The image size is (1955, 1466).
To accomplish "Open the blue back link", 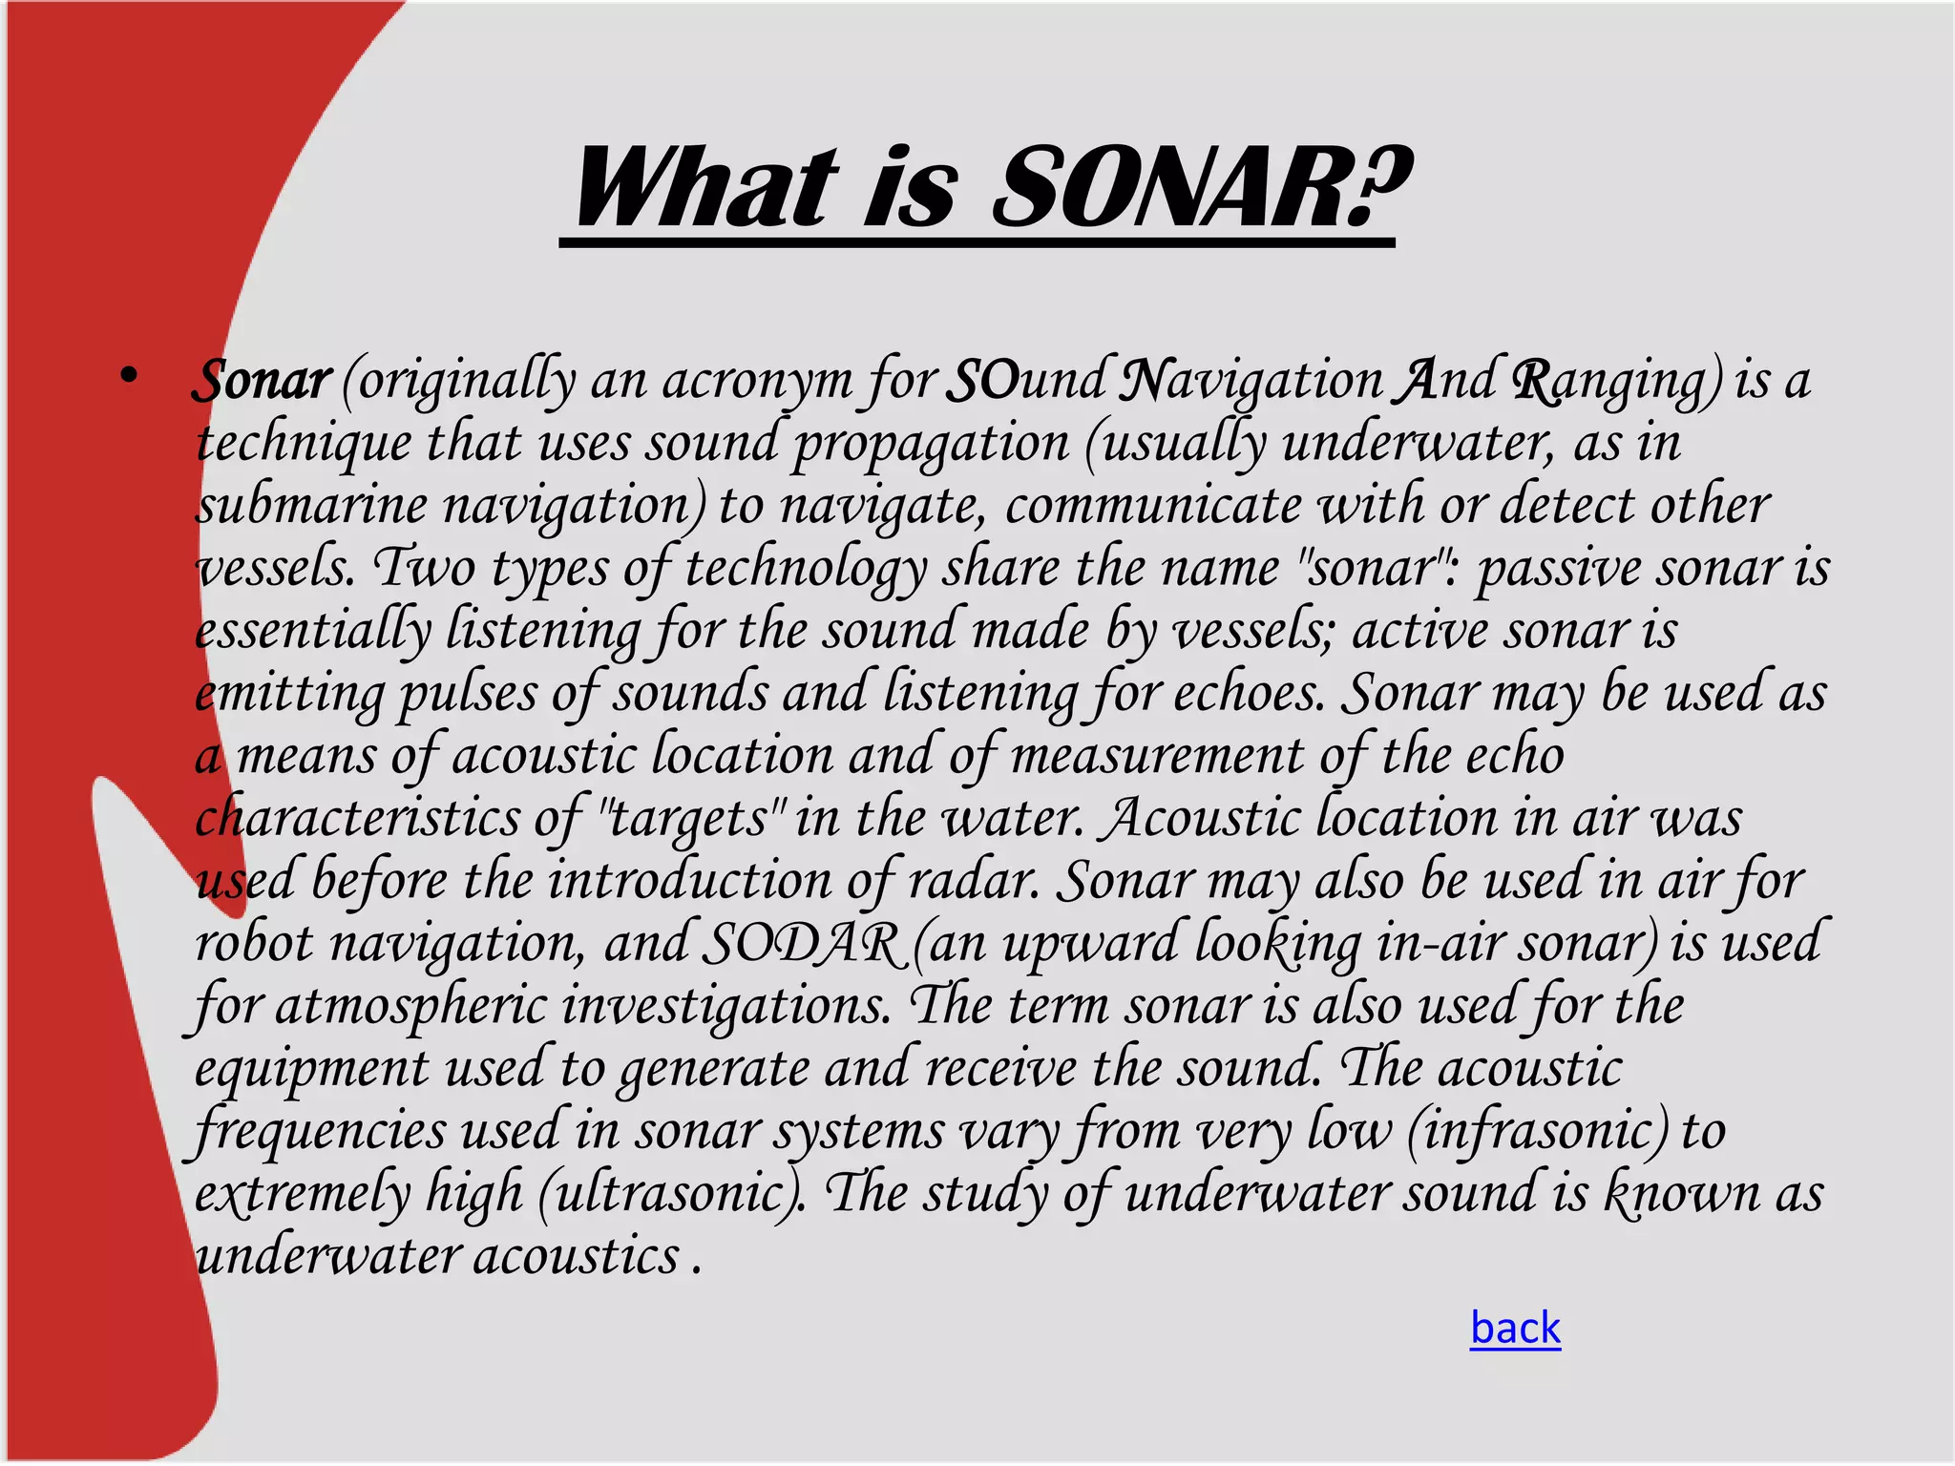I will (1515, 1328).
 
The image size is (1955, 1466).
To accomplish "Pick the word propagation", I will (931, 444).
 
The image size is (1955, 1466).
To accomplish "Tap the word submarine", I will (311, 505).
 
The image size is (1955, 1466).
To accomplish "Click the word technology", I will (806, 569).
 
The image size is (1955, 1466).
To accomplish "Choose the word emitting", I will (289, 694).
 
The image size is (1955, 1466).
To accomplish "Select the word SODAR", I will (802, 944).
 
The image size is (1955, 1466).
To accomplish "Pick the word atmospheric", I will (410, 1007).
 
